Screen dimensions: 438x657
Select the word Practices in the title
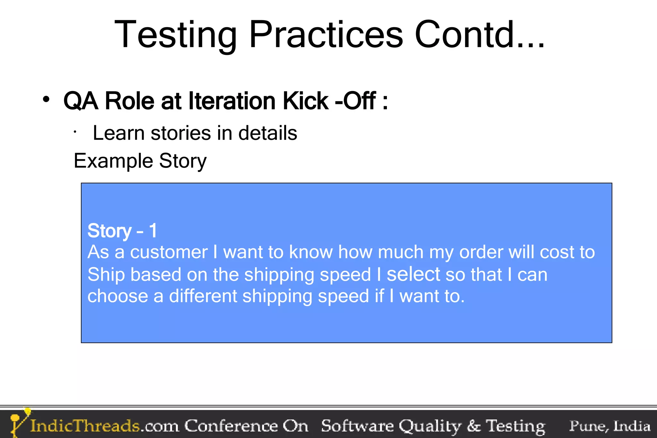[x=326, y=35]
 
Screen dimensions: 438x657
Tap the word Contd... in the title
[x=480, y=35]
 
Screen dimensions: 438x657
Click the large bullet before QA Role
[x=46, y=99]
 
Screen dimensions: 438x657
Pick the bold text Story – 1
[x=122, y=231]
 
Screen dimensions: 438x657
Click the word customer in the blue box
[x=169, y=252]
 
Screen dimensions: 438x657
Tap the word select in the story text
[x=413, y=275]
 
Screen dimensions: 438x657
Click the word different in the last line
[x=203, y=296]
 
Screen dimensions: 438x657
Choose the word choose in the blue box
[x=117, y=296]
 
